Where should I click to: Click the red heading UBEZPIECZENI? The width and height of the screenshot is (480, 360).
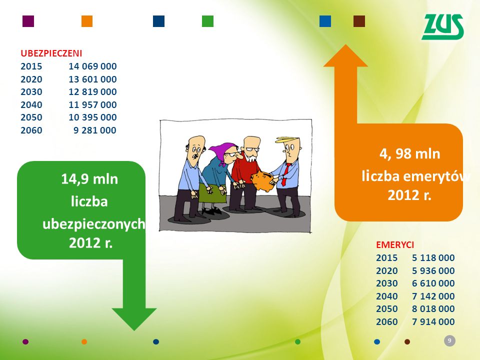tap(51, 53)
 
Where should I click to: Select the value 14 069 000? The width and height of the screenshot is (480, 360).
tap(92, 66)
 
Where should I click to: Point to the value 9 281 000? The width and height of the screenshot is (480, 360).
tap(95, 130)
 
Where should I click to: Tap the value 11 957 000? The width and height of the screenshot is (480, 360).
tap(92, 104)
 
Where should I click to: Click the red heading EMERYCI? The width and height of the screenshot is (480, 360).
tap(395, 245)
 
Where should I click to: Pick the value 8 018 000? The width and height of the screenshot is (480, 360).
tap(433, 309)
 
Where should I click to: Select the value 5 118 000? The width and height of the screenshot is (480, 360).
tap(433, 258)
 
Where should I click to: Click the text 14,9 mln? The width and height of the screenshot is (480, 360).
tap(89, 179)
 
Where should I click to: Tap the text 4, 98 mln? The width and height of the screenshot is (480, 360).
tap(409, 153)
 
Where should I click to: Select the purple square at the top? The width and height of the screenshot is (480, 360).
tap(28, 21)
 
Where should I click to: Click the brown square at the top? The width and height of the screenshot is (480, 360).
tap(359, 21)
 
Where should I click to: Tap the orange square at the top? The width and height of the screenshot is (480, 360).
tap(87, 21)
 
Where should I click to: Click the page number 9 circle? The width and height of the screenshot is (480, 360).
tap(449, 340)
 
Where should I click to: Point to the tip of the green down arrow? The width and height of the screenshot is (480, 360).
tap(134, 330)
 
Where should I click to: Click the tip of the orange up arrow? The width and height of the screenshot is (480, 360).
tap(345, 44)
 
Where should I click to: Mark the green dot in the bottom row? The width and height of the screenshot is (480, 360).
tap(297, 341)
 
